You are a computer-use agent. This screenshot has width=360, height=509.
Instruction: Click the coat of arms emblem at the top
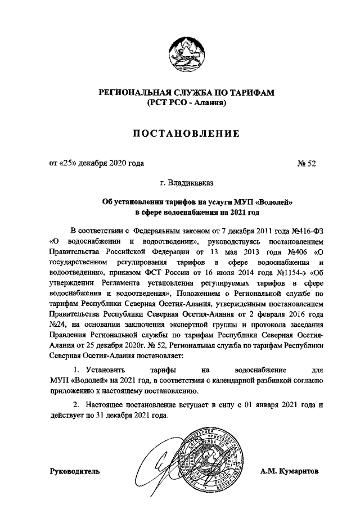pos(180,54)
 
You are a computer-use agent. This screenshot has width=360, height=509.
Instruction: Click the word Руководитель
pos(75,471)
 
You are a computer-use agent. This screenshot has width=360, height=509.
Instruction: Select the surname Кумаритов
pos(300,471)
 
